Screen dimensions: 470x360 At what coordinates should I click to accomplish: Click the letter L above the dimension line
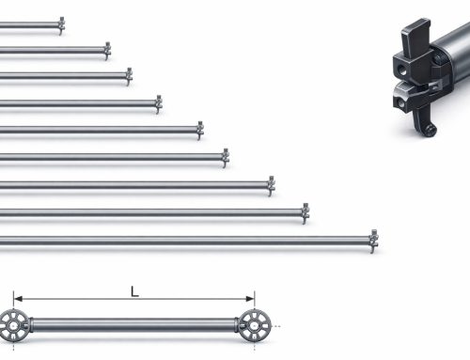(134, 291)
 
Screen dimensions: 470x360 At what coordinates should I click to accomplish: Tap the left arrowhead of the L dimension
(18, 299)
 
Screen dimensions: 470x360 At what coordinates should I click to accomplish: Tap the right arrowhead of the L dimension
(250, 299)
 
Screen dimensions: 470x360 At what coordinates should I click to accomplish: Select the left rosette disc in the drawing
(13, 326)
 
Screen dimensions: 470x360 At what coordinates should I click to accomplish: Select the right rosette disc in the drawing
(255, 326)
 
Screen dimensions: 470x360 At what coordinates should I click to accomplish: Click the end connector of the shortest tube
(62, 25)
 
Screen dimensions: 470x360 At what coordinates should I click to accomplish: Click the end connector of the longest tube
(373, 242)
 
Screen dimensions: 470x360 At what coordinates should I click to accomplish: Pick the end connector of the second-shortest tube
(107, 51)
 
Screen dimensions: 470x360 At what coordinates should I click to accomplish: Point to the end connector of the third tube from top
(129, 76)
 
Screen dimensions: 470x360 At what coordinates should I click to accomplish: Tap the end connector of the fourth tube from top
(159, 104)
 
